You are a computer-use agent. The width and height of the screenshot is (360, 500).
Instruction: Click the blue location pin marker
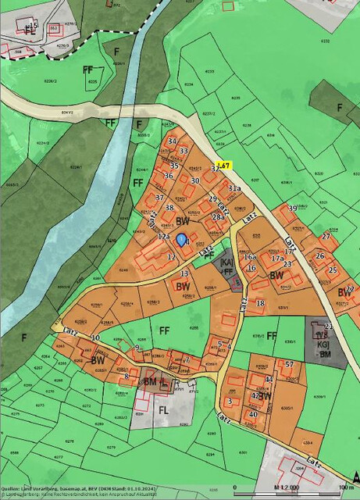[x=181, y=240]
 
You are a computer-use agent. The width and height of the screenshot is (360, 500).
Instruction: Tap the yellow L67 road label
[x=224, y=166]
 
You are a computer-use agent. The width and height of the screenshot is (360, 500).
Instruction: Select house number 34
[x=172, y=141]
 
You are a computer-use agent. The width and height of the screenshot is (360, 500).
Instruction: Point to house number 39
[x=292, y=208]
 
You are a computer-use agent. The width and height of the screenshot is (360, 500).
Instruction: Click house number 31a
[x=233, y=189]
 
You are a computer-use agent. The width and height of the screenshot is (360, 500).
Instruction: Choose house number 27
[x=326, y=236]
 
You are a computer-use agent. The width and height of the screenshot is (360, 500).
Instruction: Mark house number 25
[x=332, y=270]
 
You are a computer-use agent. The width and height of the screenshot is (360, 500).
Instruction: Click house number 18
[x=260, y=303]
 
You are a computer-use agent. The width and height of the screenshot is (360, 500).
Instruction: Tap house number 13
[x=184, y=274]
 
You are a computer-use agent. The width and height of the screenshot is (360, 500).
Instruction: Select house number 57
[x=289, y=365]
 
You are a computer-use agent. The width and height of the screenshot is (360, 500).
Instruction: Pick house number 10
[x=95, y=337]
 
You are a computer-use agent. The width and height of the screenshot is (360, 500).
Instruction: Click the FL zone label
[x=163, y=409]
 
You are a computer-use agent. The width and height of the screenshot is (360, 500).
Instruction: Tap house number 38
[x=169, y=208]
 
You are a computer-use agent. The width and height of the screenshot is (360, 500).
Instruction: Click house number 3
[x=230, y=402]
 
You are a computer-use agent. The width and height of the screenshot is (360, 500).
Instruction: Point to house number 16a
[x=249, y=256]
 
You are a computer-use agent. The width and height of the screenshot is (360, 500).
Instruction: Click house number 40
[x=253, y=415]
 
